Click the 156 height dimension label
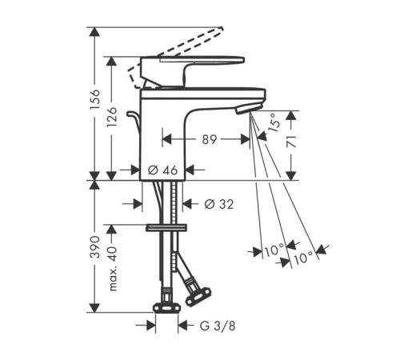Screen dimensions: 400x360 pos(94,98)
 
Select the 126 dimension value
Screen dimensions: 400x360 pos(111,117)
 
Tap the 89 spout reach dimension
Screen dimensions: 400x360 pos(210,139)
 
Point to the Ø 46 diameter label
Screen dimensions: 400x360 pos(162,170)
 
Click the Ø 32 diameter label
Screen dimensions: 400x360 pos(219,204)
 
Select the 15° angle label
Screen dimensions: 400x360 pos(274,122)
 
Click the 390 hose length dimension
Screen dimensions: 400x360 pos(94,246)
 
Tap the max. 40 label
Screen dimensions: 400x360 pos(113,269)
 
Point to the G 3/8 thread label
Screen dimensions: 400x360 pos(218,326)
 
